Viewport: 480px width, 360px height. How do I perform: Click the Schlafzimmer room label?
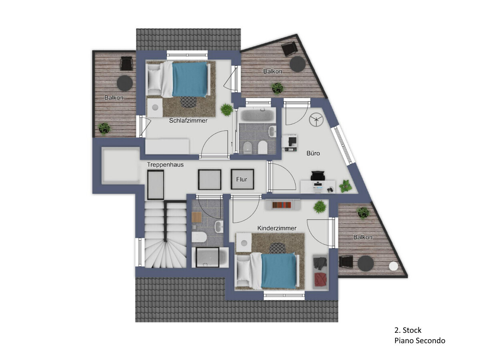188,120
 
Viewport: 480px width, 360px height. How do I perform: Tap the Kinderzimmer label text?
277,228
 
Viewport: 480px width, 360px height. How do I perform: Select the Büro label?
313,153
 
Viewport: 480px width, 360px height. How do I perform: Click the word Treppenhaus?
165,164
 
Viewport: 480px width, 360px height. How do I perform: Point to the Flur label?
242,180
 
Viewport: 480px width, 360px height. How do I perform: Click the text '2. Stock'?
408,330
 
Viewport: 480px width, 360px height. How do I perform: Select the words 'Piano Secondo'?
420,340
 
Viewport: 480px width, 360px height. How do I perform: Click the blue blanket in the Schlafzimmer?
190,80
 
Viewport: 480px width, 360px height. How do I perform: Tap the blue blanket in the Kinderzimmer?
279,271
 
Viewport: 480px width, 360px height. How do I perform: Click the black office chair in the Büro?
318,176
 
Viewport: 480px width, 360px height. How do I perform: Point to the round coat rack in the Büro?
316,119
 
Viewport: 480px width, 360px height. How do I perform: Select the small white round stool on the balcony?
394,266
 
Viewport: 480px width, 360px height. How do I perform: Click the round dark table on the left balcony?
125,83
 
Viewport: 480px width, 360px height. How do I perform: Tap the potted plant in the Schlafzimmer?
226,109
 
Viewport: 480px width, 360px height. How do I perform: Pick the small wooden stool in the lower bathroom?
196,217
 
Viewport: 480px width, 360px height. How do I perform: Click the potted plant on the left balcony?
104,128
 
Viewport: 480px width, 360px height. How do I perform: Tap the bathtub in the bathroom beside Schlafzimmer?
257,115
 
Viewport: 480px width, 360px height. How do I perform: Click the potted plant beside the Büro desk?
345,186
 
